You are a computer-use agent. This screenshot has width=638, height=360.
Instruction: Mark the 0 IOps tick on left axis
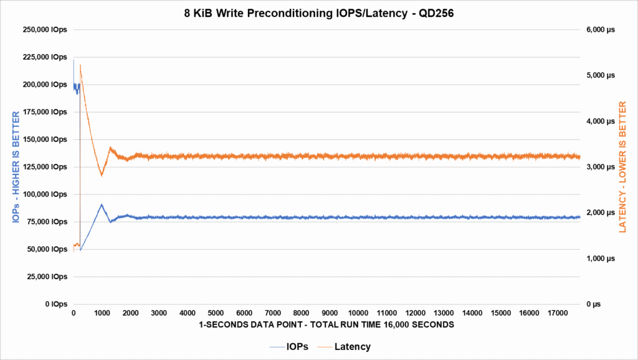tap(55, 304)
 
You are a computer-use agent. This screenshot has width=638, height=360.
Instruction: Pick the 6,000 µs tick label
tap(601, 30)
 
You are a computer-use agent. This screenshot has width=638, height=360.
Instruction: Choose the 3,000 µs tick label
tap(601, 167)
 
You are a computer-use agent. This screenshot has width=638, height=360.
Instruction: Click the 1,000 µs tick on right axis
tap(601, 258)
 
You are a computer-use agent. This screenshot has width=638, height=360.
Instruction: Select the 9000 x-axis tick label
tap(330, 313)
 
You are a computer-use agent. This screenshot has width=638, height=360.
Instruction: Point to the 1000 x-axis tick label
tap(102, 313)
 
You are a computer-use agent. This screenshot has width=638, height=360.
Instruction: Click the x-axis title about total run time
tap(327, 325)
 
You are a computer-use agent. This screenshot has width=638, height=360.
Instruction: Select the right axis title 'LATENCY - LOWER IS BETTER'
tap(623, 167)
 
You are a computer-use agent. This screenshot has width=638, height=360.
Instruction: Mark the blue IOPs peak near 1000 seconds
tap(101, 204)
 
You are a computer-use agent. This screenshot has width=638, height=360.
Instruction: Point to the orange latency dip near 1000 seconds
tap(102, 176)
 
